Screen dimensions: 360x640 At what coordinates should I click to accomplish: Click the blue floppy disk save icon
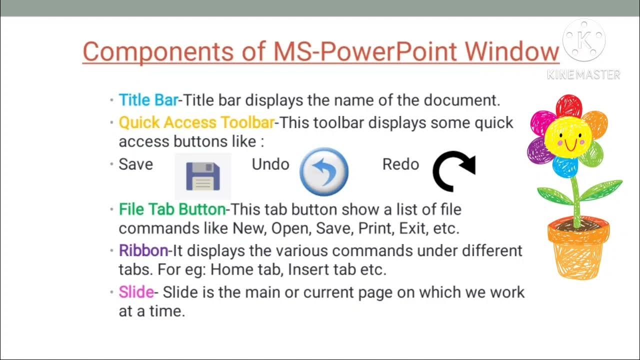point(203,176)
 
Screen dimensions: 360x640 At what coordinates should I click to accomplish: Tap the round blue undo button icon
point(323,171)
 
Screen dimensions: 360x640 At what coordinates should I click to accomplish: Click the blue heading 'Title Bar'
point(148,100)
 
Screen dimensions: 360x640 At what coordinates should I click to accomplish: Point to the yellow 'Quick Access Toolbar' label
point(196,122)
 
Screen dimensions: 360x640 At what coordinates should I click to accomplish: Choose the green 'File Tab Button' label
point(172,209)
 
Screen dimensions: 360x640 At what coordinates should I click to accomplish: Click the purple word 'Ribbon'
point(143,250)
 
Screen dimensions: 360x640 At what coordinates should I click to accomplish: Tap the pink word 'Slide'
point(136,292)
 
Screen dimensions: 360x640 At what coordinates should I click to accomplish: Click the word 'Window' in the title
point(511,52)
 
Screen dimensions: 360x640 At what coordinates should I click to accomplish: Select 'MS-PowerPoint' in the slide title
point(365,52)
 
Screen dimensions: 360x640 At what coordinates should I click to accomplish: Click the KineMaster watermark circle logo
point(583,40)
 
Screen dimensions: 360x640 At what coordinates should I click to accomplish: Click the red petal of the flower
point(569,105)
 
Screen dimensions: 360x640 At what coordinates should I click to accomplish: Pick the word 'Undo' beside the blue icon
point(270,164)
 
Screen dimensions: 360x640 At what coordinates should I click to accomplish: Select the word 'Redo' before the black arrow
point(400,164)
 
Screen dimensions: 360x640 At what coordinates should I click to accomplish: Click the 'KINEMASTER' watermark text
point(583,75)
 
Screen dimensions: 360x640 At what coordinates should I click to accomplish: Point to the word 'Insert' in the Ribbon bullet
point(309,269)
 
